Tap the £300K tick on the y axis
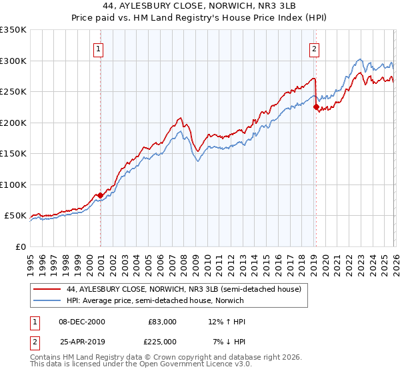pos(13,61)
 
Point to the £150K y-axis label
pos(13,154)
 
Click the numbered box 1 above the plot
pos(99,48)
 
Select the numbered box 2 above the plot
pos(313,48)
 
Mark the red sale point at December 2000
pos(100,195)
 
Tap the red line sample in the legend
pos(47,290)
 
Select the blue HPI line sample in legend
pos(47,300)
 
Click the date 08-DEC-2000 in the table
pos(83,322)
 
